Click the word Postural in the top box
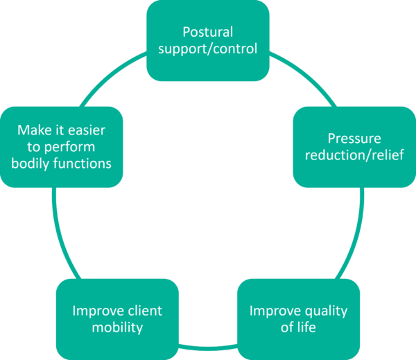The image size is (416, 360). (208, 32)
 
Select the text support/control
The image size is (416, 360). (208, 49)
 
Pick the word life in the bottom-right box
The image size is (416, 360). (307, 327)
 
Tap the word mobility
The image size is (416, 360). (117, 327)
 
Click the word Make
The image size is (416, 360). (31, 130)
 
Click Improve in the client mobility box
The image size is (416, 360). (96, 310)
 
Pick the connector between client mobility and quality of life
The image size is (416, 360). (208, 344)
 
